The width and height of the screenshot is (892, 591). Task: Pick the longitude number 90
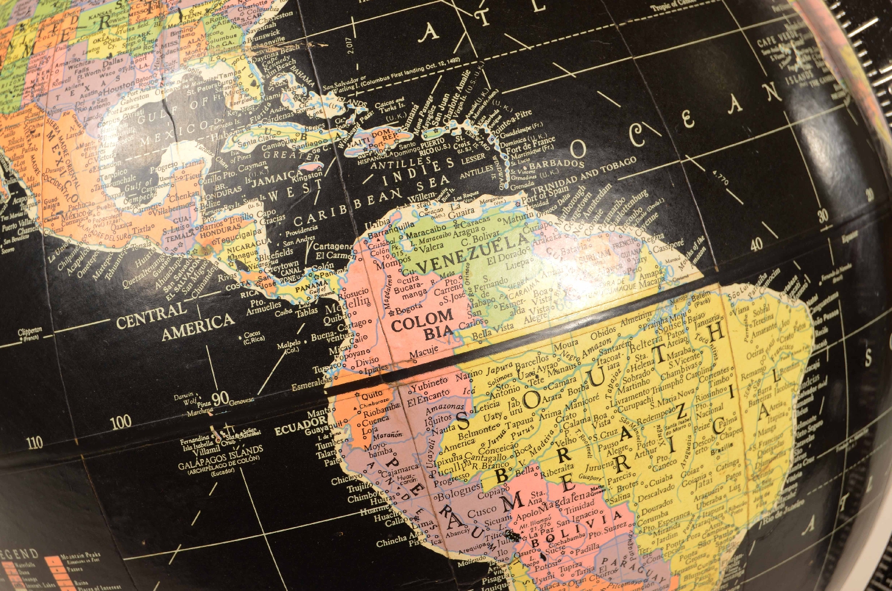point(220,399)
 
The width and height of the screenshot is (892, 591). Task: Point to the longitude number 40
point(756,245)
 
